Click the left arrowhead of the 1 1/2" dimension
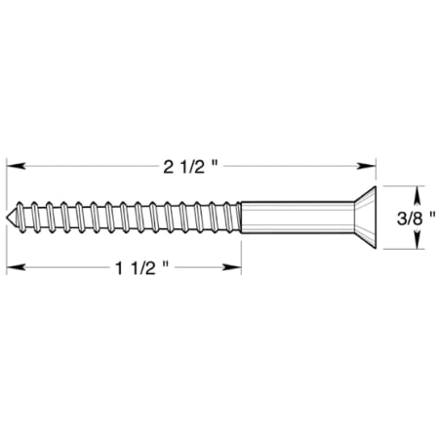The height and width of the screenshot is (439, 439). click(16, 265)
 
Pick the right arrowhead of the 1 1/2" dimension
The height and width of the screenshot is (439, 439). click(235, 265)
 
